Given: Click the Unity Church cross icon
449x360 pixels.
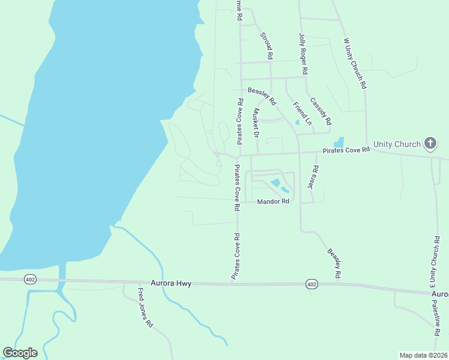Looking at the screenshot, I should point(430,143).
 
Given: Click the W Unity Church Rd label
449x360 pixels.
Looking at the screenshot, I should point(354,64).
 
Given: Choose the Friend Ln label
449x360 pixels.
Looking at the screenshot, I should point(303,113).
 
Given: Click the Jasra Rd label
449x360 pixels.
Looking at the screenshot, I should point(312,178).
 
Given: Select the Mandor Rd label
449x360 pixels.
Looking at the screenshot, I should point(273,202).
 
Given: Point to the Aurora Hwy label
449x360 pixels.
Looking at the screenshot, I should point(171,283).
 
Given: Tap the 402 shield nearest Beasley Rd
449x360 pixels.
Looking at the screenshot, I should point(310,283).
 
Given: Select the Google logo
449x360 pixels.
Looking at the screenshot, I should point(20,353).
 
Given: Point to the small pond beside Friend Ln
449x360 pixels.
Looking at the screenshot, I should point(298,123).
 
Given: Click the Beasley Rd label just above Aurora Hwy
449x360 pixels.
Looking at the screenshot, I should point(334,262).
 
